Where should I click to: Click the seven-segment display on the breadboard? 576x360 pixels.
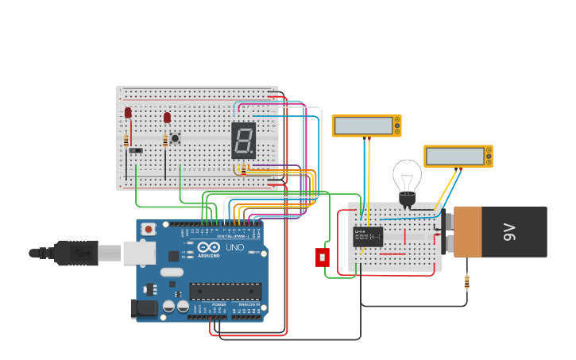[243, 141]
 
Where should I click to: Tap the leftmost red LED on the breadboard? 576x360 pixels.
[128, 113]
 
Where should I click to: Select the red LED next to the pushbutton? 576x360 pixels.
[167, 118]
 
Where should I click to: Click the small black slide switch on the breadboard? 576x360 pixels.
[136, 150]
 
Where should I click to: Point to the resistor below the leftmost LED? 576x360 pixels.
[126, 141]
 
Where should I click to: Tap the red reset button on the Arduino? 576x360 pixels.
[149, 229]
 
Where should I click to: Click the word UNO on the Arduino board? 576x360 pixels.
[235, 248]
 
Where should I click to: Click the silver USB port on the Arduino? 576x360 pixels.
[138, 253]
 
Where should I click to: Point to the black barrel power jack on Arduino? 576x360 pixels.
[143, 308]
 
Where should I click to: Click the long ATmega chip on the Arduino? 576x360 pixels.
[226, 291]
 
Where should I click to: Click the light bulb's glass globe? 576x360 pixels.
[408, 176]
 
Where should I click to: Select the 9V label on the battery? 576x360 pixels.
[509, 231]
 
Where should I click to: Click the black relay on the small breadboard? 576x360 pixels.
[368, 236]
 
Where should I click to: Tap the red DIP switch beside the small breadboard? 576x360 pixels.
[323, 257]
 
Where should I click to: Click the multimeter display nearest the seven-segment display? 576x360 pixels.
[365, 126]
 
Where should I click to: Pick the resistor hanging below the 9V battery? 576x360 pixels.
[466, 281]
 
